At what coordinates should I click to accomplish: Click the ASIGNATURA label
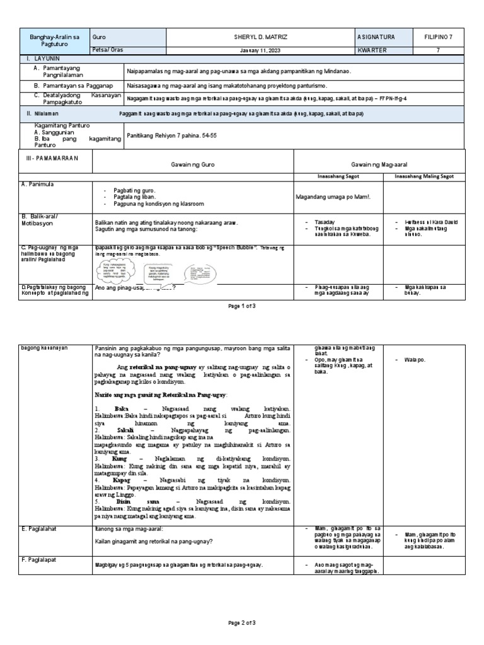point(376,38)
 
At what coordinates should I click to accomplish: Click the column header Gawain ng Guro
point(192,163)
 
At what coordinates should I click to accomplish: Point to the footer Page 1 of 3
point(242,305)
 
